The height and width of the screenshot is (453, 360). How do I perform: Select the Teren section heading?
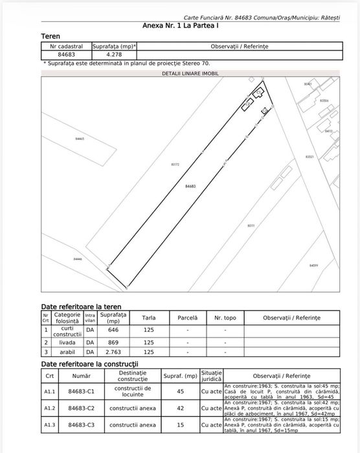tap(51, 37)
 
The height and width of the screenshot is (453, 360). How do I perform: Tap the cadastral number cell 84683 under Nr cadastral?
tap(66, 55)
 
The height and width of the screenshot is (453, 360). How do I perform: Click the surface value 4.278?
tap(114, 55)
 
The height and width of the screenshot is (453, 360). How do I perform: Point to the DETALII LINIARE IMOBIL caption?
tap(190, 75)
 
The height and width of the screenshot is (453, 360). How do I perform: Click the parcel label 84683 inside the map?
tap(190, 186)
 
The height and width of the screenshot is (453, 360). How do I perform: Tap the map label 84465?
tap(80, 139)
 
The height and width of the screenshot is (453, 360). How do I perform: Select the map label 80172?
tap(174, 165)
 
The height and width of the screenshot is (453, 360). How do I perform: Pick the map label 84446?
tap(78, 259)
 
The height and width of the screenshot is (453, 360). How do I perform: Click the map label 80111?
tap(251, 225)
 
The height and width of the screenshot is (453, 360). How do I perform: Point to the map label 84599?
tap(313, 265)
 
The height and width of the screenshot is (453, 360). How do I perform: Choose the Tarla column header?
tap(149, 318)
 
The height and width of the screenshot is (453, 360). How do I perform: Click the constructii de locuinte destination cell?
tap(133, 391)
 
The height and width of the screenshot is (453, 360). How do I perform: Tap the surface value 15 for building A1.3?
tap(181, 424)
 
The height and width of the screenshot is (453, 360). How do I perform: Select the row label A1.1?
tap(50, 391)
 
